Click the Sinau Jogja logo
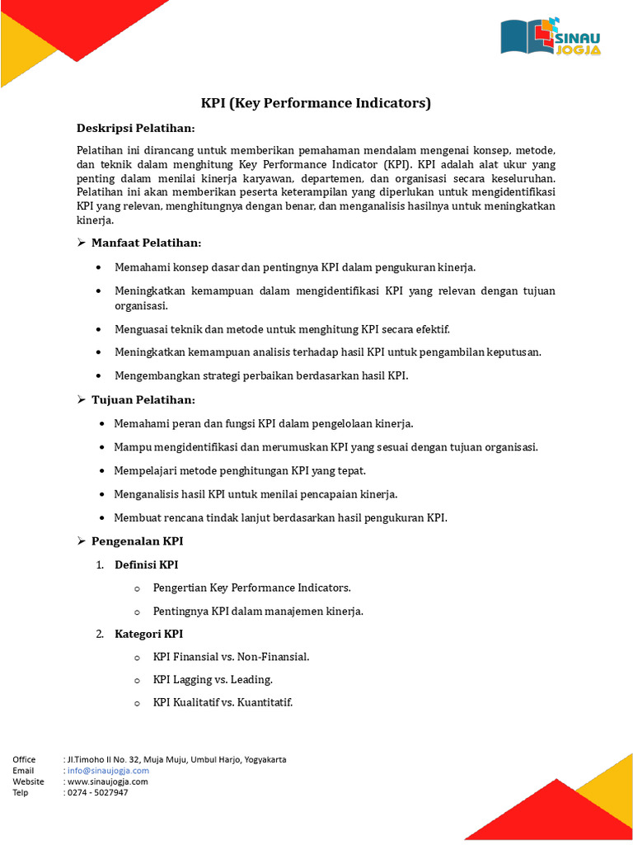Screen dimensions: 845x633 point(551,36)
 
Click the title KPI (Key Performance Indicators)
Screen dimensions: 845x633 point(316,103)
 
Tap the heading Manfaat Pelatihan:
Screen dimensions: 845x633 point(146,243)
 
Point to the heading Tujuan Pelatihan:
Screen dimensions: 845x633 point(143,399)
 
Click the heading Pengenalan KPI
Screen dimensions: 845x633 point(137,541)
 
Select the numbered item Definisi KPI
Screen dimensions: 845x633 point(146,564)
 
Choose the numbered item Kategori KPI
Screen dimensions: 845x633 point(148,634)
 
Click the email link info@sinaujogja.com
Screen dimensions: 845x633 point(108,771)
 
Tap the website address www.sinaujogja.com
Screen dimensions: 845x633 point(107,781)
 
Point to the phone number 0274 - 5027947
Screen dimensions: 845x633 point(97,792)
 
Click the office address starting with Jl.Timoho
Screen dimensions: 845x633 point(176,759)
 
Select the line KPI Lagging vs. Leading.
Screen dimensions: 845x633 point(213,680)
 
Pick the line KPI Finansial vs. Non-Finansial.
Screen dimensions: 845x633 point(231,657)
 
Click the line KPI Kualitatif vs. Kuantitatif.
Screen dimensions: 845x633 point(223,703)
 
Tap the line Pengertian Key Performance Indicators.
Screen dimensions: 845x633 point(251,588)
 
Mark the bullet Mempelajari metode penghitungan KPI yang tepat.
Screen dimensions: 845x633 point(239,470)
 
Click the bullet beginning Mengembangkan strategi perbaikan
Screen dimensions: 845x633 point(260,375)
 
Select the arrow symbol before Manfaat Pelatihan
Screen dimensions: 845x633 point(82,243)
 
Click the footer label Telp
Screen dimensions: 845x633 point(21,792)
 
